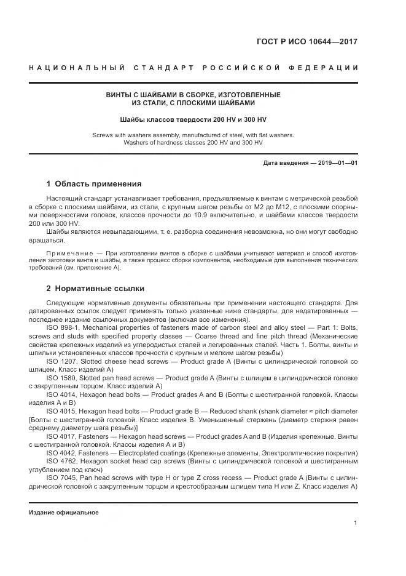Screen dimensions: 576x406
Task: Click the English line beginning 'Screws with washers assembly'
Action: coord(193,134)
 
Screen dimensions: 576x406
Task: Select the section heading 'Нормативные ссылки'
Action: coord(101,288)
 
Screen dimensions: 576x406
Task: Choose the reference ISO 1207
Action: coord(60,362)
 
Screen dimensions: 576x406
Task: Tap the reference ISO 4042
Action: coord(60,452)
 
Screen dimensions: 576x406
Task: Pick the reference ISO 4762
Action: coord(60,460)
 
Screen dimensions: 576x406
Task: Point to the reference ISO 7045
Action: coord(60,478)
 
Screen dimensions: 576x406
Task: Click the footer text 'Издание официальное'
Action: coord(63,512)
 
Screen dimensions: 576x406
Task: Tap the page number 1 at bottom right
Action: coord(356,523)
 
